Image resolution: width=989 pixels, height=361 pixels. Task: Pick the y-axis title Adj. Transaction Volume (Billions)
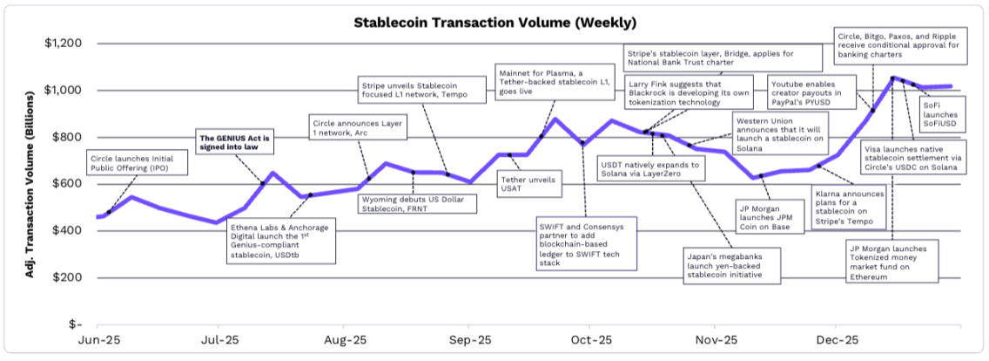(x=30, y=184)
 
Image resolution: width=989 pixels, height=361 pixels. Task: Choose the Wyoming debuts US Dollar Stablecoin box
(x=418, y=204)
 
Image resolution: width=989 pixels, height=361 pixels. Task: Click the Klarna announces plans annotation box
(x=850, y=207)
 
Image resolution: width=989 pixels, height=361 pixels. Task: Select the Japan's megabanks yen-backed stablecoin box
(x=728, y=262)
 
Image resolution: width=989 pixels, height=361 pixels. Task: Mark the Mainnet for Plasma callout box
(x=547, y=82)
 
